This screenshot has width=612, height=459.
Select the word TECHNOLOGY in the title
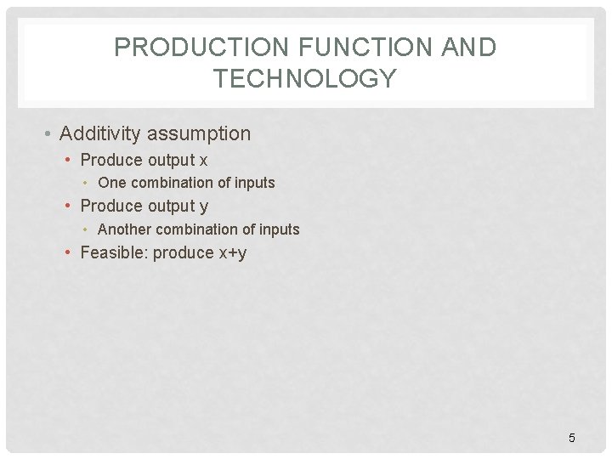[305, 79]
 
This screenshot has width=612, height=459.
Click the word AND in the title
[468, 48]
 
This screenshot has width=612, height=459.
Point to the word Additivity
[101, 133]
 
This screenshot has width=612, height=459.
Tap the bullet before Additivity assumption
[51, 134]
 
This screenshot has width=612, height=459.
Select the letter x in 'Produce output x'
[203, 161]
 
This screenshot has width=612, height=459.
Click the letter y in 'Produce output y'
[203, 207]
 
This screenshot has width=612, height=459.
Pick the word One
[111, 183]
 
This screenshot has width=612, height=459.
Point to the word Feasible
[113, 252]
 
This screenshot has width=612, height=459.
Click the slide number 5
[571, 438]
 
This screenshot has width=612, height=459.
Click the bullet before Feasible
[71, 252]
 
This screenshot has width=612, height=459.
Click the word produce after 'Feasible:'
[182, 253]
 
